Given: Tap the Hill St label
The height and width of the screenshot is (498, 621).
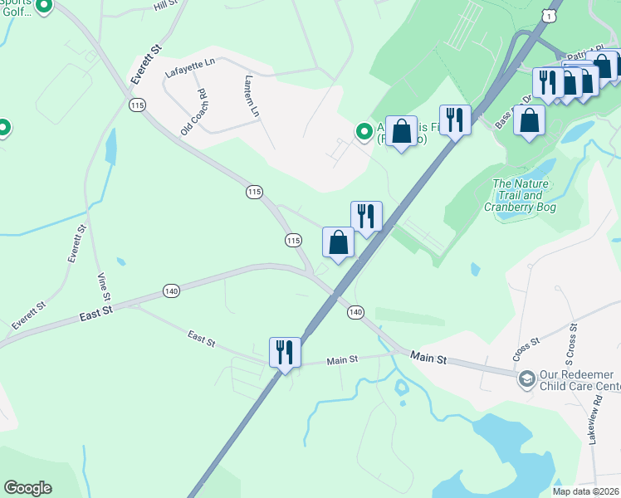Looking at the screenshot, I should click(x=167, y=6).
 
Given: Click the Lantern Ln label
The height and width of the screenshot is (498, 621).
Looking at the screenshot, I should click(x=252, y=96).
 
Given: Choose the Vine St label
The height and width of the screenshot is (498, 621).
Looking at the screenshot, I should click(x=103, y=287).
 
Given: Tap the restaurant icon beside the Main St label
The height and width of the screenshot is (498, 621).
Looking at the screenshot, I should click(x=284, y=351).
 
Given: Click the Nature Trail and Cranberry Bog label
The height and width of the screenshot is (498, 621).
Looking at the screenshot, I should click(x=524, y=196).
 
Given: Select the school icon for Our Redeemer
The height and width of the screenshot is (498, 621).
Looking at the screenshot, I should click(x=526, y=379).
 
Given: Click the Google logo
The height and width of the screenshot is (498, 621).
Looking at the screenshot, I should click(x=27, y=488).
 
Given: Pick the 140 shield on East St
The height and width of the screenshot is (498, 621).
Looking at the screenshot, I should click(x=171, y=290).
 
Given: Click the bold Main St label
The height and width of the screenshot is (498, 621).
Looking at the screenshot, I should click(x=429, y=358).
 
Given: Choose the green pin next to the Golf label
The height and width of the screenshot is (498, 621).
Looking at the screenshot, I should click(x=44, y=7).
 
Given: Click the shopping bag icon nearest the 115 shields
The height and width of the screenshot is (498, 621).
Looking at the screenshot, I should click(x=338, y=242).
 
